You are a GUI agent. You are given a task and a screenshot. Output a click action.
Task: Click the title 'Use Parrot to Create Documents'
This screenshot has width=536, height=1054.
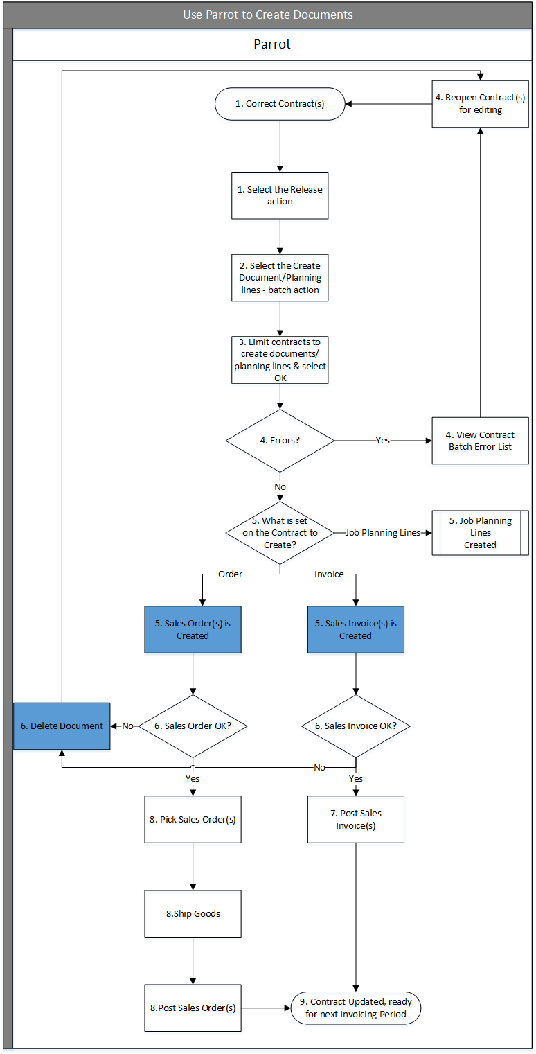pos(268,15)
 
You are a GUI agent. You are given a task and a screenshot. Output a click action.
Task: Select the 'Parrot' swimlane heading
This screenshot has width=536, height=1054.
pos(272,44)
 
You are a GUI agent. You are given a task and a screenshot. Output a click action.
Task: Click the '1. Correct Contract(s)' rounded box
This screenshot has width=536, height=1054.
pos(280,104)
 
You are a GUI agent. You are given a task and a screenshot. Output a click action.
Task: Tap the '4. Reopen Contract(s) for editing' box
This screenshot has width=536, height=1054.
pos(480,104)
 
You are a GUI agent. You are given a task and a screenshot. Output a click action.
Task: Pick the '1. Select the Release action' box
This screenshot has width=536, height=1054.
pos(280,195)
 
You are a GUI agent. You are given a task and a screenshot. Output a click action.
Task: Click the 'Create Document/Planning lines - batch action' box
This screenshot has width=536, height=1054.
pos(280,277)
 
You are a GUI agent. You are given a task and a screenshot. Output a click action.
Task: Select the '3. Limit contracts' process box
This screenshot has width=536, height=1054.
pos(280,360)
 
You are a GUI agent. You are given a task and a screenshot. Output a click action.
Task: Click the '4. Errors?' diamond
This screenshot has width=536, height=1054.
pos(280,440)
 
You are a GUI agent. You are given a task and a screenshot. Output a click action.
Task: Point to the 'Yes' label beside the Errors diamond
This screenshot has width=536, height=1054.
pos(382,440)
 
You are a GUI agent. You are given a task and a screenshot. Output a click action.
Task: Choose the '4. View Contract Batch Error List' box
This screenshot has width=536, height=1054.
pos(480,441)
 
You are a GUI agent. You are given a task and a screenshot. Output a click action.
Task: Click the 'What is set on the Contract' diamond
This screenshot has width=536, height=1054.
pos(280,533)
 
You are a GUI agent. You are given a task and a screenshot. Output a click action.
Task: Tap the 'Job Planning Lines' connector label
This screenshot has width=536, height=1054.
pos(382,533)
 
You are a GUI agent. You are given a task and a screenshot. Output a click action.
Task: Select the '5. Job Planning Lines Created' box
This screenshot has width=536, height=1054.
pos(480,533)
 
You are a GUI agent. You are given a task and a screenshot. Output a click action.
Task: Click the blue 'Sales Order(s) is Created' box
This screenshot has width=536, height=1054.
pos(193,629)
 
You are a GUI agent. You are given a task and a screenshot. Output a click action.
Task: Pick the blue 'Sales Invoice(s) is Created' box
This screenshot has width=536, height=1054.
pos(355,629)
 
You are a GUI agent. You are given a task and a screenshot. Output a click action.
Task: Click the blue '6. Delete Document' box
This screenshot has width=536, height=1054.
pos(62,726)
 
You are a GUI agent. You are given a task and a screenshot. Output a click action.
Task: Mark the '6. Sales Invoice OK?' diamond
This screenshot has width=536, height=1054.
pos(355,726)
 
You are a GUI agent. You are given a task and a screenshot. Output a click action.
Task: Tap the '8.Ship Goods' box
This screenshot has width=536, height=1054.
pos(193,913)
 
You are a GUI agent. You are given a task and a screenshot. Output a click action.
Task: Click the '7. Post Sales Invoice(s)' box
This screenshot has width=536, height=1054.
pos(355,819)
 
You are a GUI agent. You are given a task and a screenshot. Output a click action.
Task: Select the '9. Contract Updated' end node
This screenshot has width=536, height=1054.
pos(355,1008)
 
